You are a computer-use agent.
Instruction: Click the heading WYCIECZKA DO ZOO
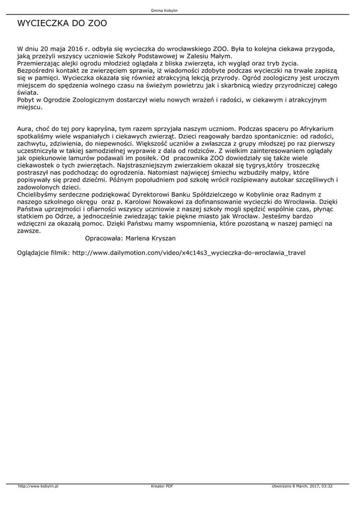pyautogui.click(x=62, y=23)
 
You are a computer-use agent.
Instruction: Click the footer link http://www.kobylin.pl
pyautogui.click(x=38, y=486)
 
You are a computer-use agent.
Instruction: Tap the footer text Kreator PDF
pyautogui.click(x=162, y=486)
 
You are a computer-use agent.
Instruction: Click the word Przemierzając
pyautogui.click(x=41, y=64)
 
